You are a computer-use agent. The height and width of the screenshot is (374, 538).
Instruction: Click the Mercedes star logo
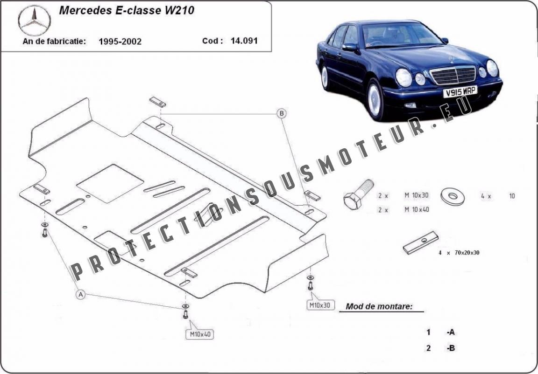click(34, 21)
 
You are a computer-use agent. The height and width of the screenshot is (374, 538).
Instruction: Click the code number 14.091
click(244, 41)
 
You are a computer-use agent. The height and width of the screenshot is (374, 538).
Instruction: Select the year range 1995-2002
click(120, 42)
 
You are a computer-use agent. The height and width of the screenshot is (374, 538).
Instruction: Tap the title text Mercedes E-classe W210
click(127, 10)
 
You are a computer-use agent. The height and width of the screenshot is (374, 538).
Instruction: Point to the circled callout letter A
click(81, 294)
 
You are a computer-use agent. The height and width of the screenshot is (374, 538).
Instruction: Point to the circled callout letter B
click(281, 113)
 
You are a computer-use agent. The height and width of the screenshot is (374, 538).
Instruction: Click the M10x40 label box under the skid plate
click(200, 334)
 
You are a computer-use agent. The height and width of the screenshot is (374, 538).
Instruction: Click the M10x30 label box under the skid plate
click(320, 305)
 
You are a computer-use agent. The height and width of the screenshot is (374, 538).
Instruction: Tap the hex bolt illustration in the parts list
click(358, 194)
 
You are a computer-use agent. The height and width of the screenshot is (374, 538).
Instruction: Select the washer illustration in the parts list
click(453, 196)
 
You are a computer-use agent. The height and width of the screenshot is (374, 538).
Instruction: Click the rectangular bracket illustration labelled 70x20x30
click(421, 242)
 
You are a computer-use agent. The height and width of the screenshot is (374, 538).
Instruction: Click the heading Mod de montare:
click(379, 306)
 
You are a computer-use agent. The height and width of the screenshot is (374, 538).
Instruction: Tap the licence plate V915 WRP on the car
click(460, 91)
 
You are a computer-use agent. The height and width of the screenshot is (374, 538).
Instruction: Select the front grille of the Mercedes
click(453, 75)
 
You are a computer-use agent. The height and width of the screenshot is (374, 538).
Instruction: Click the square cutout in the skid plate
click(110, 183)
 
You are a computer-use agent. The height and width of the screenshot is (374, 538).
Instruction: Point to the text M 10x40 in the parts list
click(417, 209)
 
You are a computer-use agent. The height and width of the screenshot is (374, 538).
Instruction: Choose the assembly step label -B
click(451, 348)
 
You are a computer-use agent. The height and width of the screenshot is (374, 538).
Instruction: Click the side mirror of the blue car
click(350, 47)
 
